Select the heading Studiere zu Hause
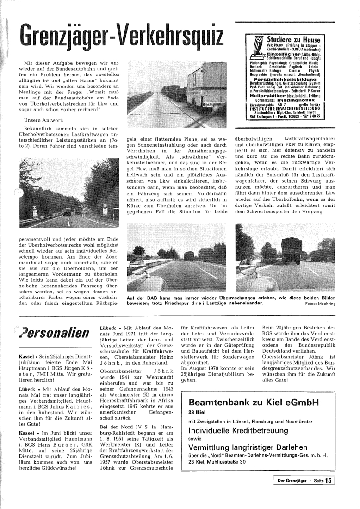point(295,39)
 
